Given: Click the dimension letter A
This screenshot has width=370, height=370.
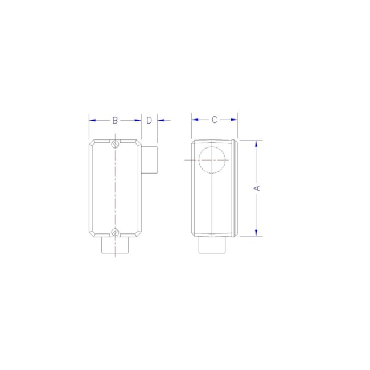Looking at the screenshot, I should [256, 187].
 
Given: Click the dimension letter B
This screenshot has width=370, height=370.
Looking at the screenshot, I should [114, 120].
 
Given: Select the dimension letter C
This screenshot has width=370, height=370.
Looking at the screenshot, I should [214, 120].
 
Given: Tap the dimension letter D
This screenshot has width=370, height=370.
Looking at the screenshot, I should [149, 120].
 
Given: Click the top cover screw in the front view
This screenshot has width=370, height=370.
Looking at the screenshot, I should [116, 143].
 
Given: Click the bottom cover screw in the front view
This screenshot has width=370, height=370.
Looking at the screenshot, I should [116, 232].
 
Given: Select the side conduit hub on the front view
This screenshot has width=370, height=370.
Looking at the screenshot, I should [149, 160].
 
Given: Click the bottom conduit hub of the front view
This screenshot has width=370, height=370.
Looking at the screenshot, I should [116, 246].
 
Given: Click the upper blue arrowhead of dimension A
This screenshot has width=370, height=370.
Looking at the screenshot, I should [256, 143].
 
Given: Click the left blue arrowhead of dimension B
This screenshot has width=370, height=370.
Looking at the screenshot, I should [92, 120].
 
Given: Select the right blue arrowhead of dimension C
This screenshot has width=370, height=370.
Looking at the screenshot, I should [234, 120].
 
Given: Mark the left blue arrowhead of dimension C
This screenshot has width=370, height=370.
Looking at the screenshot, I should [195, 120].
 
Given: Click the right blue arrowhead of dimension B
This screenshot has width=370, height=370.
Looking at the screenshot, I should [138, 120].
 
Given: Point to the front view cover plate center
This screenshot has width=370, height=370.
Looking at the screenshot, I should [116, 188].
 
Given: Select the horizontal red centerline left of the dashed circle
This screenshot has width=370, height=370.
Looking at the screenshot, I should [191, 161].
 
